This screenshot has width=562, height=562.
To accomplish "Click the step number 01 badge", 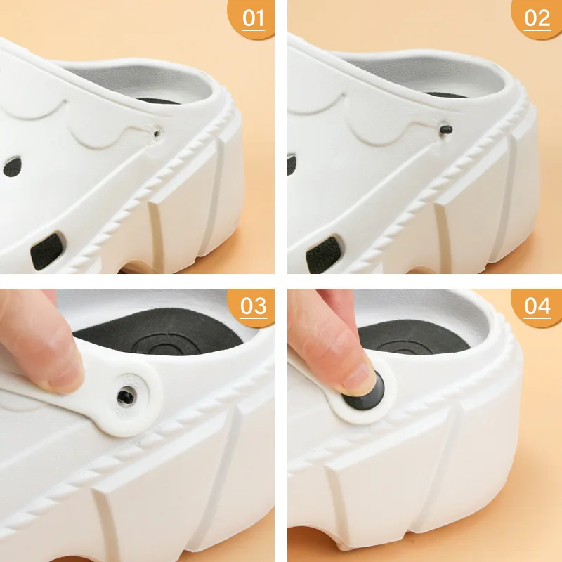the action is [x=252, y=18].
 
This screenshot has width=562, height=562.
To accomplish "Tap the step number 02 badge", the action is [x=537, y=18].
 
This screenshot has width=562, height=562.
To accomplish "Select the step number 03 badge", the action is [x=252, y=307].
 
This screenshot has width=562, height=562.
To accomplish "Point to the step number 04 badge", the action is [x=537, y=307].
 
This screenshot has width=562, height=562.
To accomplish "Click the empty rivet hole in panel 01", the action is [x=157, y=133].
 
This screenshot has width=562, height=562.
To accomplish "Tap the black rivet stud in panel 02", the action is [x=446, y=129].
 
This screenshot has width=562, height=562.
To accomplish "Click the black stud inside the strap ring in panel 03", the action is [x=126, y=396].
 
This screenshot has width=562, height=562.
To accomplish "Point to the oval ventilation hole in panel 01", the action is [x=12, y=166].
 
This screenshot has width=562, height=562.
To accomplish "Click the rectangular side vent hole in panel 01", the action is [x=47, y=251].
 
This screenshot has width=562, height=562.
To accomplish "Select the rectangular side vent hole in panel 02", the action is [x=323, y=254].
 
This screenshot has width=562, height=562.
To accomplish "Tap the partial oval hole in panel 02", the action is [x=292, y=165].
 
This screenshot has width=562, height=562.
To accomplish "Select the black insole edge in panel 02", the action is [x=446, y=95].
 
